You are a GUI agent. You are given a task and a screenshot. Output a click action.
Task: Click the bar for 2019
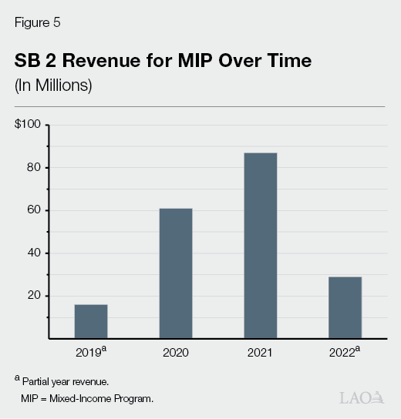[91, 321]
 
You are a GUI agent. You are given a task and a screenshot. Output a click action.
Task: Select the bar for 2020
[176, 273]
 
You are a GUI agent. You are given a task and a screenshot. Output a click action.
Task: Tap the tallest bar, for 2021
[261, 246]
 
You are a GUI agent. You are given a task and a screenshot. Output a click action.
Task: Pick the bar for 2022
[345, 307]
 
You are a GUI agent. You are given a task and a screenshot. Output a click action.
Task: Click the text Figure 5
[38, 22]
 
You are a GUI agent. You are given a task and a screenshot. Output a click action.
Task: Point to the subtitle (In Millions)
[53, 85]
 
